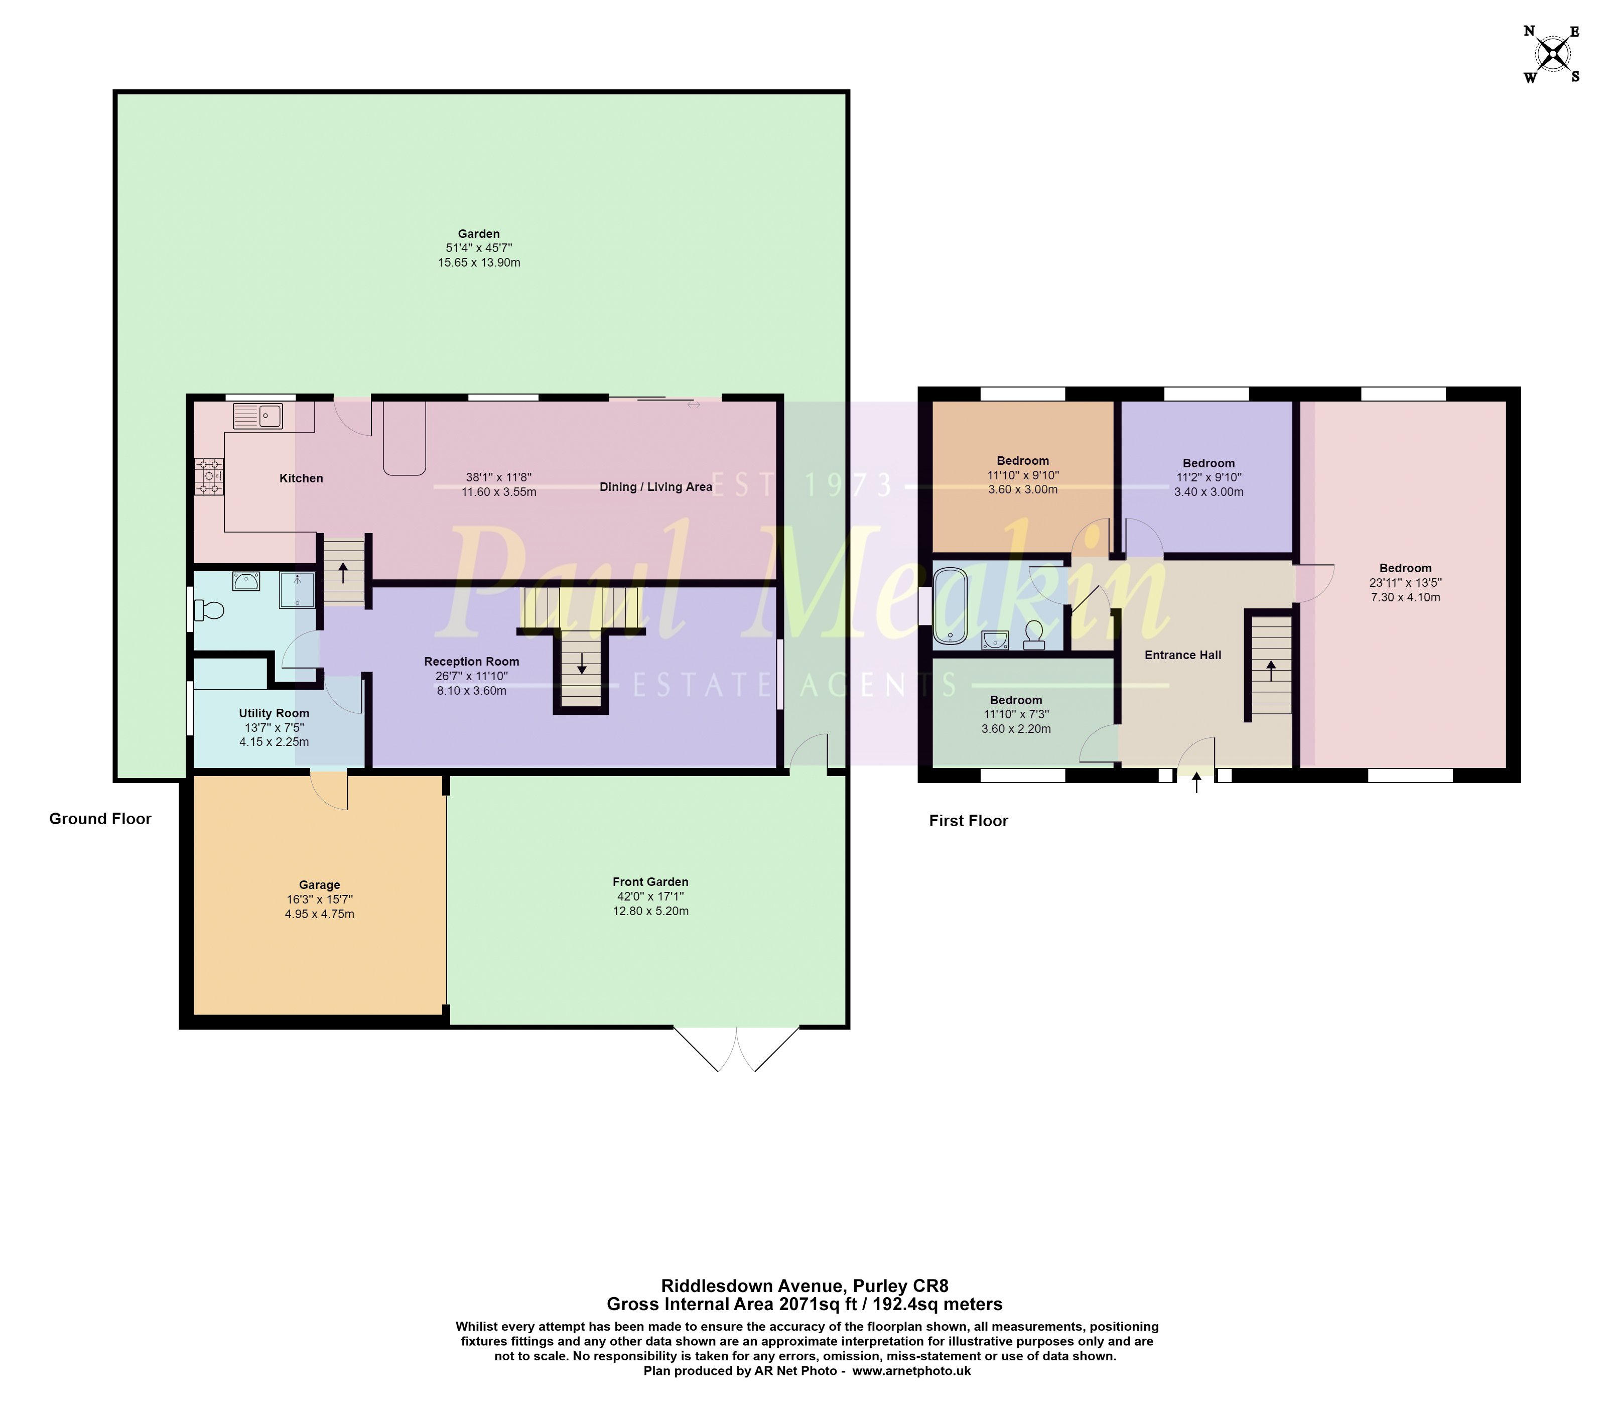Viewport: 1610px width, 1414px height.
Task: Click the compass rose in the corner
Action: click(x=1552, y=54)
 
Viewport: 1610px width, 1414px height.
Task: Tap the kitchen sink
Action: click(x=257, y=415)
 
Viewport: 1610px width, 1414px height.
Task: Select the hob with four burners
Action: click(x=209, y=476)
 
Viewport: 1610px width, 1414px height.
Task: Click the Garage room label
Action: click(x=319, y=884)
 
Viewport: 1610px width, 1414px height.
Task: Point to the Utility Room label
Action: click(x=274, y=713)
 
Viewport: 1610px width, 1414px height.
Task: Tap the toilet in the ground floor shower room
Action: click(x=209, y=610)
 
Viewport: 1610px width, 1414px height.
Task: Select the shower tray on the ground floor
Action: click(x=298, y=591)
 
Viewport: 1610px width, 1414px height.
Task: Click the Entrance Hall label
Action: click(x=1182, y=655)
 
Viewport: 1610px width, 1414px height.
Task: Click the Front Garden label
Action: click(x=650, y=881)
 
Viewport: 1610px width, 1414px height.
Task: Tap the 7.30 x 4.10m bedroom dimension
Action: click(x=1405, y=597)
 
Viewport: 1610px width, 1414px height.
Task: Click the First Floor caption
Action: click(x=968, y=821)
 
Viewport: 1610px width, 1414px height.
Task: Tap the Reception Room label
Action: click(x=471, y=662)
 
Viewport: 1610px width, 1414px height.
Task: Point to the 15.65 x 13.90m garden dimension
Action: click(x=479, y=263)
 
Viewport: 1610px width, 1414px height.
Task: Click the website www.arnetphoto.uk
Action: click(x=911, y=1371)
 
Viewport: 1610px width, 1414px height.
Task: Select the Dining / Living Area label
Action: click(x=655, y=487)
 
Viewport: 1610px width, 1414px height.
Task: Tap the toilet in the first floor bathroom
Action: click(x=1034, y=635)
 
